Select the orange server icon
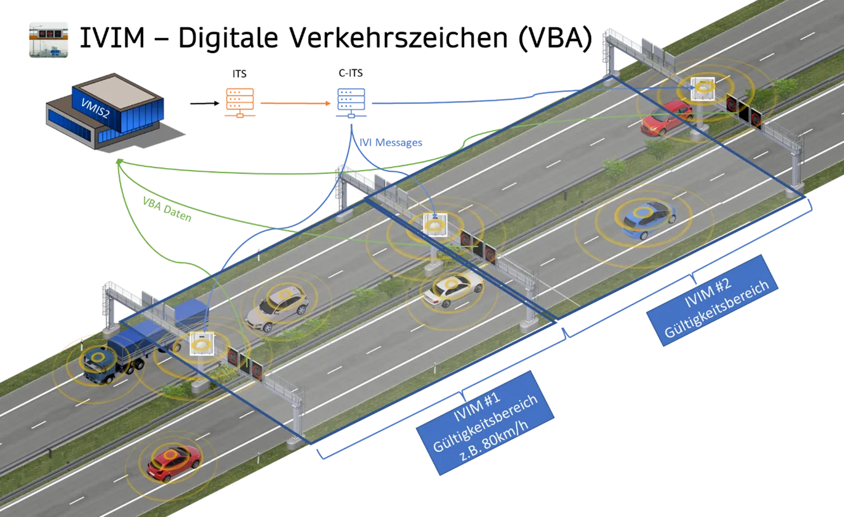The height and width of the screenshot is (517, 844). coord(240,102)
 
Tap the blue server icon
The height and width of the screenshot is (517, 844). coord(351,102)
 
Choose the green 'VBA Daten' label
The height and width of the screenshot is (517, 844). coord(167,207)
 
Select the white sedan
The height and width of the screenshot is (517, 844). coord(453,287)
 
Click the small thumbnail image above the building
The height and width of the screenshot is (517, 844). coord(48,39)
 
